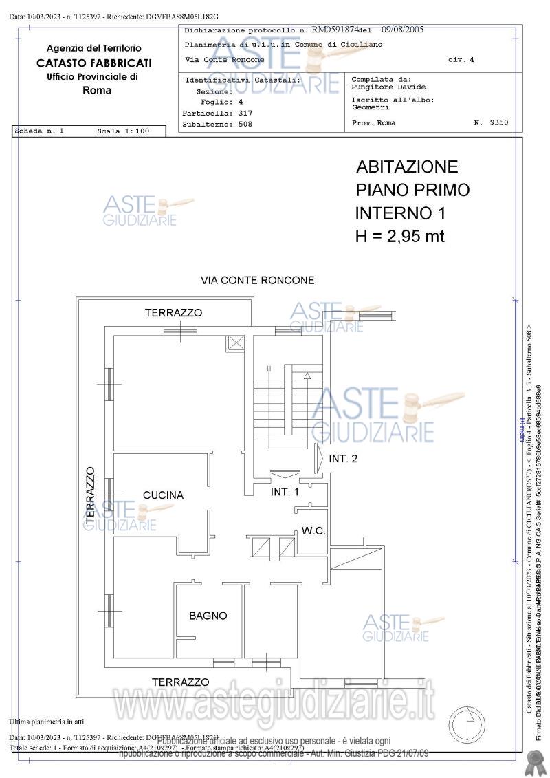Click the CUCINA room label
click(x=163, y=495)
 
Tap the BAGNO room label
click(x=208, y=616)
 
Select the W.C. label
click(x=313, y=530)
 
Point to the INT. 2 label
click(x=343, y=459)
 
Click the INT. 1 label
click(x=285, y=492)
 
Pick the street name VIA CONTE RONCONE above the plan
click(x=257, y=281)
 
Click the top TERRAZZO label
click(x=173, y=313)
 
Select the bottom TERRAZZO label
click(x=180, y=682)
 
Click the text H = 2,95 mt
click(x=399, y=236)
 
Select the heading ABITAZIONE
click(x=407, y=167)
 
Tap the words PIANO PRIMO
click(x=412, y=190)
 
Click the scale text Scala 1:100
click(x=122, y=131)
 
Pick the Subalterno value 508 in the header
click(x=245, y=125)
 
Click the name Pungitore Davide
click(x=388, y=87)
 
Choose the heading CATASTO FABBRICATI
click(x=94, y=63)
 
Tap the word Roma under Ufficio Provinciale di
click(x=96, y=90)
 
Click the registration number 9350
click(x=500, y=122)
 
